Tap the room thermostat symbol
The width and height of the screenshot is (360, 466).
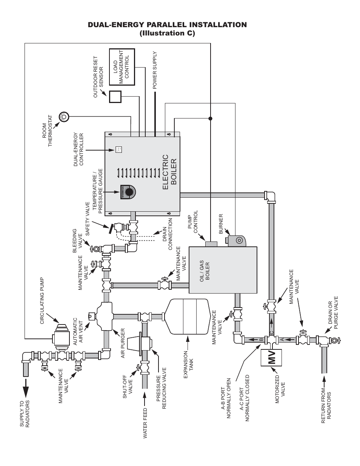[64, 117]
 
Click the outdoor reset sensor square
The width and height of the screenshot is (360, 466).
[115, 97]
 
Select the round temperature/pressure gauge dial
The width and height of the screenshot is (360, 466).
[129, 192]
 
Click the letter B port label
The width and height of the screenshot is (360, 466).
[261, 340]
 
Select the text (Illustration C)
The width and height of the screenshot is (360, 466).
[167, 33]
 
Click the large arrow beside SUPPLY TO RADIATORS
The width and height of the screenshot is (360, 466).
[26, 387]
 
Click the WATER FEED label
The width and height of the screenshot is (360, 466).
[145, 423]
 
